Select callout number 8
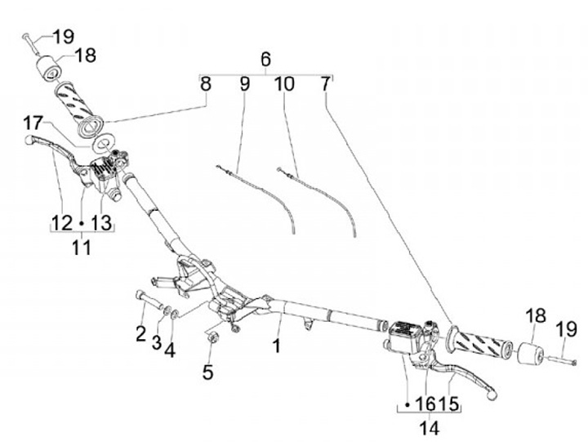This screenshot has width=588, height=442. (x=205, y=83)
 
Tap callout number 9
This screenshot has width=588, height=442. (x=244, y=83)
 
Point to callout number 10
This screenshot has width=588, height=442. (x=283, y=83)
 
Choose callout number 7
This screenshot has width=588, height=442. (x=326, y=83)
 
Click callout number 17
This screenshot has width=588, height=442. (x=32, y=123)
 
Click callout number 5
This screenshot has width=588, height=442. (x=207, y=372)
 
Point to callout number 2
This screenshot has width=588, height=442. (x=140, y=333)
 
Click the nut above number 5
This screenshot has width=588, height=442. (x=210, y=335)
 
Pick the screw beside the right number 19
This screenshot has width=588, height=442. (x=559, y=360)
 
